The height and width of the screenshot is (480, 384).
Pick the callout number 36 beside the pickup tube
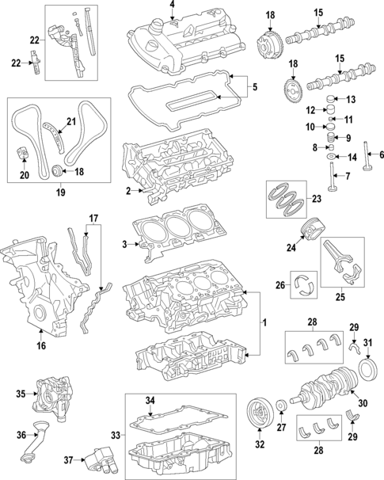pos(21,433)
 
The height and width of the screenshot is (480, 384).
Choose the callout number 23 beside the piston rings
pos(317,199)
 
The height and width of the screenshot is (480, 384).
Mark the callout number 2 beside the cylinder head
pos(127,191)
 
